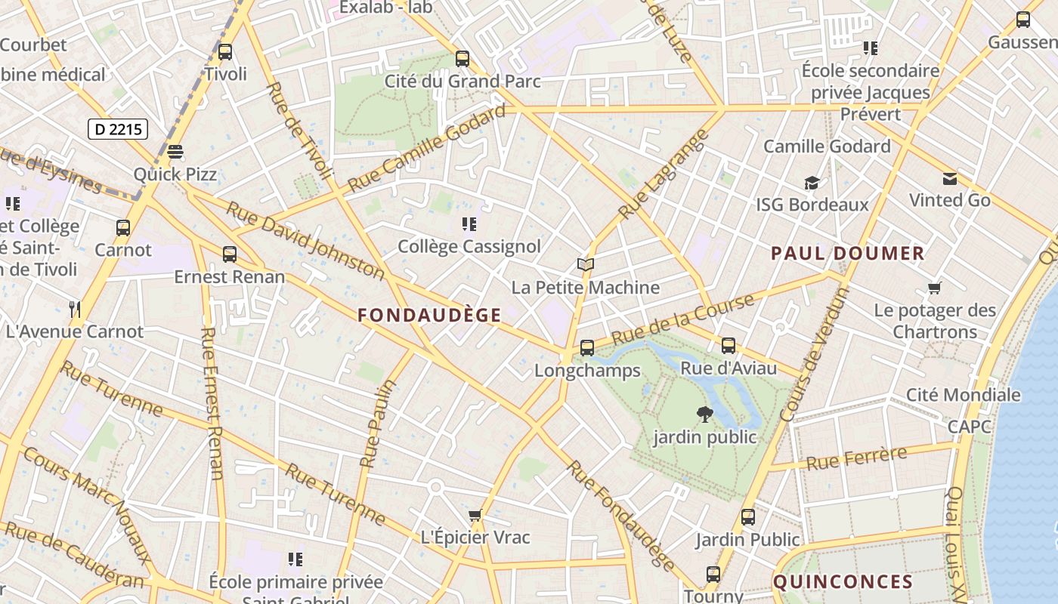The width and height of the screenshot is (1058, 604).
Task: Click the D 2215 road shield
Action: point(118,129)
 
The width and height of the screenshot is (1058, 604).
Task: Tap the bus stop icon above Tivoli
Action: point(225,52)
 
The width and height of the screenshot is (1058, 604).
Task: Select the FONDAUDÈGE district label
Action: point(429,316)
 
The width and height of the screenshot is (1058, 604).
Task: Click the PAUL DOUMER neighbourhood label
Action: point(847,254)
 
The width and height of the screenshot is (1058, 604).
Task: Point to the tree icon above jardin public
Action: point(704,414)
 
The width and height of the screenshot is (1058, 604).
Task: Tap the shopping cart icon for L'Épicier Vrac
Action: point(475,516)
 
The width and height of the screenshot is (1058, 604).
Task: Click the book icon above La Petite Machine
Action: point(585,264)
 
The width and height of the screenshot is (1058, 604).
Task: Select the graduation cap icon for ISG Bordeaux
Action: point(812,183)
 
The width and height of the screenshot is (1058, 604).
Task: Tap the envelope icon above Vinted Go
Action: point(949,179)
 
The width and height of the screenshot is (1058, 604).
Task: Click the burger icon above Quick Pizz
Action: point(175,152)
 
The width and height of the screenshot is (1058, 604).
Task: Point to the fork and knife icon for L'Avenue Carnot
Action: point(75,309)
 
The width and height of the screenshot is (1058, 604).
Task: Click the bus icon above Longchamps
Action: point(587,348)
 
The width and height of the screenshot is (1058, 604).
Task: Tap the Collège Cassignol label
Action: point(469,247)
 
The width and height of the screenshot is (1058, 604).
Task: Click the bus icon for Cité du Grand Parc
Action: point(462,58)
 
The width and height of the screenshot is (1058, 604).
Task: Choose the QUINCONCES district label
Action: point(843,582)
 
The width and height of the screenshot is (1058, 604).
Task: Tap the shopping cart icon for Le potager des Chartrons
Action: point(935,288)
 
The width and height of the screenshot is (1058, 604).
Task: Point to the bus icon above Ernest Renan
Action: point(230,254)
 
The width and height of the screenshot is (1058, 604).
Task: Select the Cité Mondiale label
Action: point(963,395)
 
